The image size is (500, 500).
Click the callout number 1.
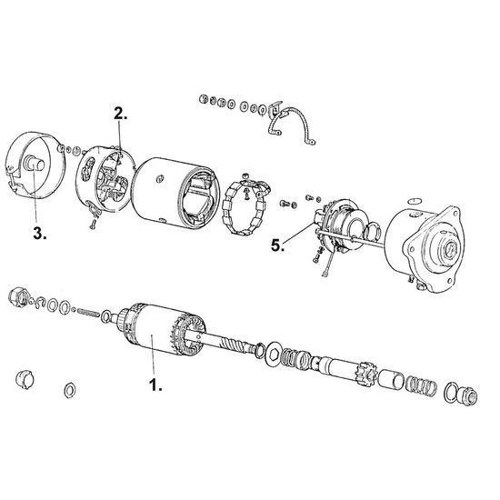click(155, 385)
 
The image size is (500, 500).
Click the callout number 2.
click(120, 114)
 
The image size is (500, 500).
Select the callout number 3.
click(39, 234)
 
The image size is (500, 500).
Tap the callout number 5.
click(277, 245)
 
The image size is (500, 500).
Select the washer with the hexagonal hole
click(274, 353)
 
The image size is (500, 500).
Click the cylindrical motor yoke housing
click(175, 194)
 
